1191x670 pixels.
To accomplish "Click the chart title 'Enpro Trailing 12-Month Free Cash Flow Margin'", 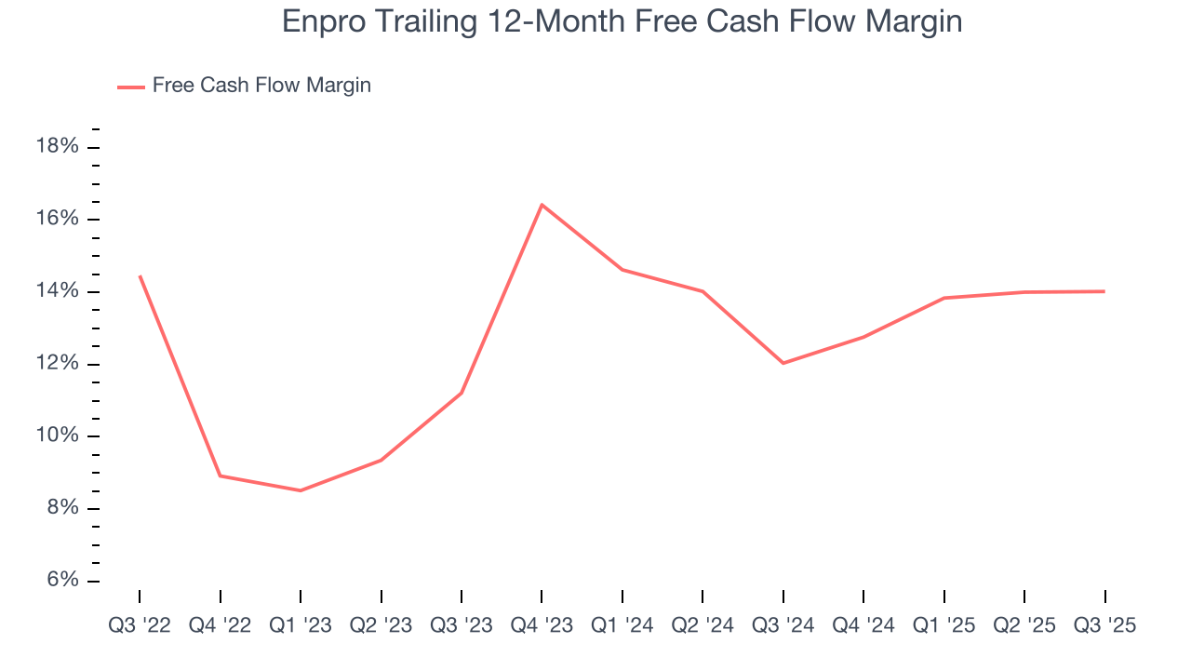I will coord(622,21).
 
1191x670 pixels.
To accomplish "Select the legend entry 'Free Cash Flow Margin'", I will coord(261,86).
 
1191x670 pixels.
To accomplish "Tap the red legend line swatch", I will coord(130,87).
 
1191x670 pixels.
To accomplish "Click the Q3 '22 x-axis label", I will coord(140,626).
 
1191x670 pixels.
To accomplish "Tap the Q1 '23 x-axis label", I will coord(301,626).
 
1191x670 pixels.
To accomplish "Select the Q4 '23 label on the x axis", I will coord(542,626).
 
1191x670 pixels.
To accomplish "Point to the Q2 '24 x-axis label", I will coord(703,626).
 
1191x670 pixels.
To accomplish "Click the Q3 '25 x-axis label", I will coord(1104,626).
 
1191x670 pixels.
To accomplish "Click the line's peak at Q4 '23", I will coord(542,205).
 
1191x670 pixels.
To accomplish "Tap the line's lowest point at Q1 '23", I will coord(301,490).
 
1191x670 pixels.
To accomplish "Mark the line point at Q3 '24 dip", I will coord(783,363).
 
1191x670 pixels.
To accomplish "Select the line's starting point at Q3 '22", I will coord(140,276).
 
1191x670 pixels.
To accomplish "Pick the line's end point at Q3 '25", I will coord(1104,291).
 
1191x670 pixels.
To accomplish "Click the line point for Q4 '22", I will coord(221,476).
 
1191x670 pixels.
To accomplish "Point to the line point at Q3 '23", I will coord(462,393).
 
